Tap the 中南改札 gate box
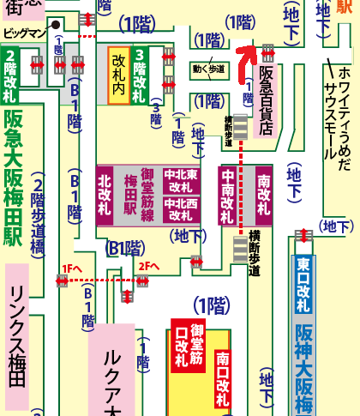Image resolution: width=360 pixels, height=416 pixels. point(228,195)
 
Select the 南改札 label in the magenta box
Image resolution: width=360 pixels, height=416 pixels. point(263,195)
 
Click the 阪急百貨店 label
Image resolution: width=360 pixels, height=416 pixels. point(266,102)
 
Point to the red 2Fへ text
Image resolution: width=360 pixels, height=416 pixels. point(148,268)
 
